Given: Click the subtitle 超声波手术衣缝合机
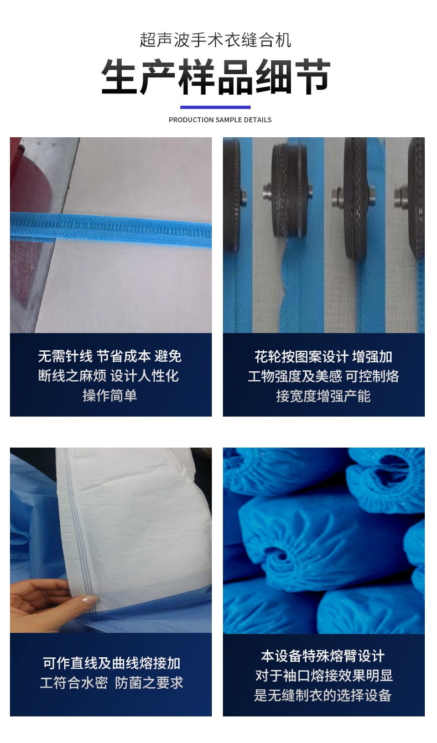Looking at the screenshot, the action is (215, 40).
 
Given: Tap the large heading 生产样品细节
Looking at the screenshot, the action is (216, 77).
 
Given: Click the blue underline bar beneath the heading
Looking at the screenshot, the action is (215, 107).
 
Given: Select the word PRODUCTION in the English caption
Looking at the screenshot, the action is (191, 119).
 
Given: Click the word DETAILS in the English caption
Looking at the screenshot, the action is (257, 119).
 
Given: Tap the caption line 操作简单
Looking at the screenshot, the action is (110, 396).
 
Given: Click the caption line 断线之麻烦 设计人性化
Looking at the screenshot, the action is (108, 376).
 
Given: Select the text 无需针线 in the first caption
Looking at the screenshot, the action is (65, 356).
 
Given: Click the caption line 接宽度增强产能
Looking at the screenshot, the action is (323, 396).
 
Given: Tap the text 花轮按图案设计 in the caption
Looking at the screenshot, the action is (301, 357).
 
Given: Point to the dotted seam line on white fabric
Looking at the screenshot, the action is (80, 531).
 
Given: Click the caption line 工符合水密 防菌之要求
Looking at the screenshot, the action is (111, 683).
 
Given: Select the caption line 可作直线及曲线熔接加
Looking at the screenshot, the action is (111, 663).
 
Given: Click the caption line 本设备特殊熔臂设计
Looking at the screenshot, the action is (322, 656).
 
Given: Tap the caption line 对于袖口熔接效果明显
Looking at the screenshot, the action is (324, 676).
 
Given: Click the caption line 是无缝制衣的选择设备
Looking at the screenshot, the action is (322, 695).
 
